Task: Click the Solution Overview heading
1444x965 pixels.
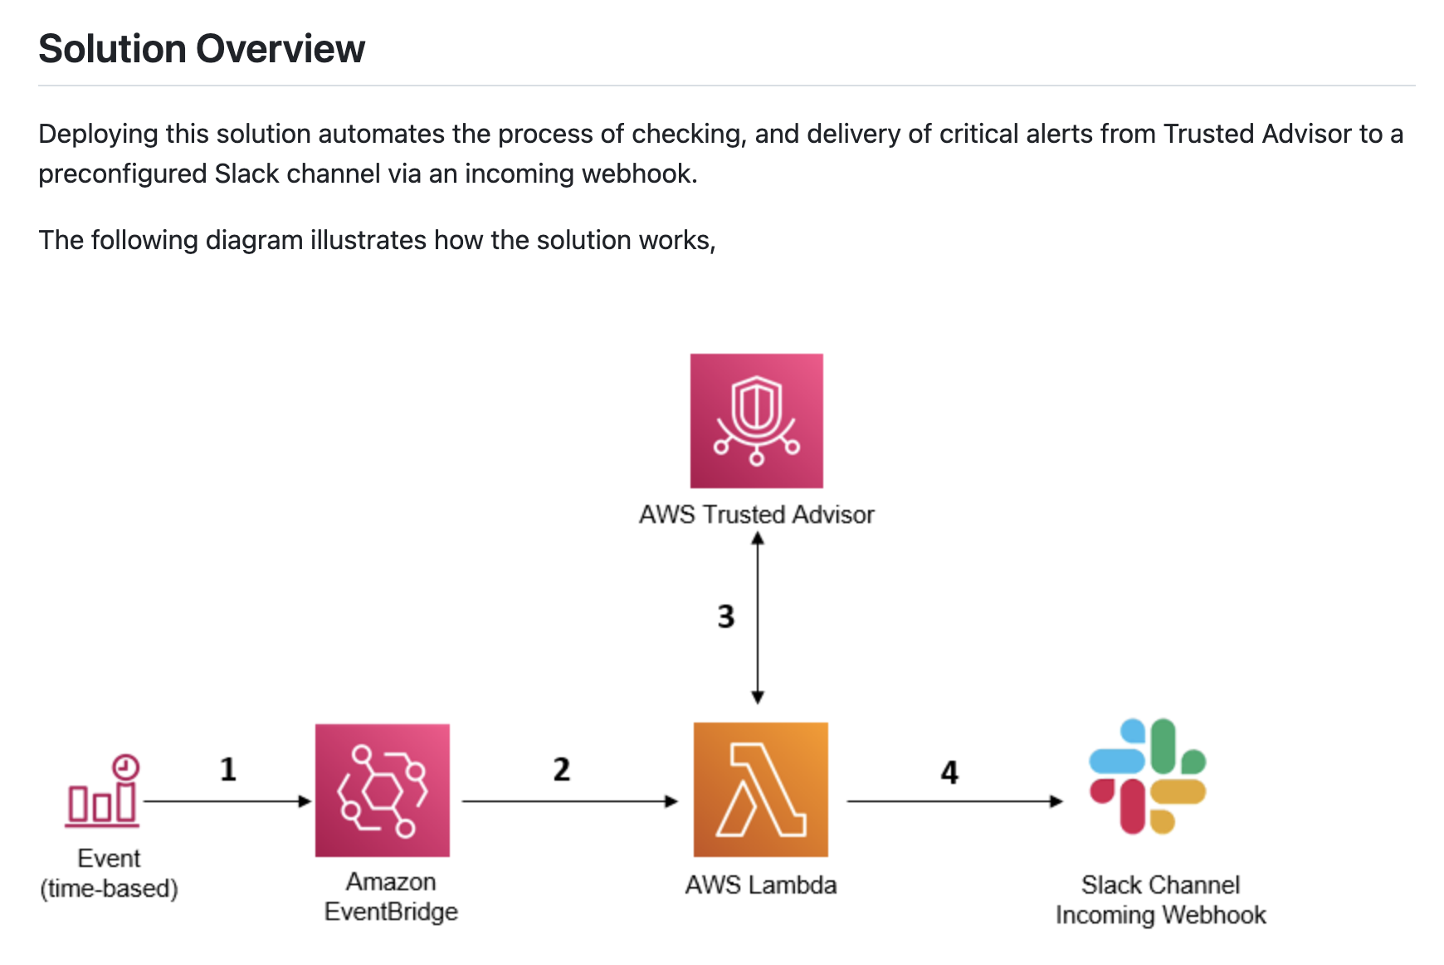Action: point(202,49)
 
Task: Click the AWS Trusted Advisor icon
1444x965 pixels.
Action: point(756,420)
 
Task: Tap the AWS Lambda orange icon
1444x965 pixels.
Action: point(760,789)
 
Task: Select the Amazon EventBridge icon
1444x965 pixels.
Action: point(382,790)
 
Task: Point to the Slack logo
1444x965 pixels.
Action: point(1147,776)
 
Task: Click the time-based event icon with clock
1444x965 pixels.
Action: point(103,791)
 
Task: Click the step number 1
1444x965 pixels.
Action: point(228,769)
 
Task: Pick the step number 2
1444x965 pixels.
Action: point(562,769)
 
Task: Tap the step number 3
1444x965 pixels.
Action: point(726,616)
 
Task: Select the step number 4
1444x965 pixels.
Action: point(949,772)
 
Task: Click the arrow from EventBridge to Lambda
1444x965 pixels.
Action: point(569,801)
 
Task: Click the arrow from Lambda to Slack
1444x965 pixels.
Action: point(954,801)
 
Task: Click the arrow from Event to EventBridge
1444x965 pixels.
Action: point(227,801)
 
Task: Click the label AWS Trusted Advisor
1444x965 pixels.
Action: point(756,515)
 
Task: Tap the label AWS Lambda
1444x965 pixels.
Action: point(760,885)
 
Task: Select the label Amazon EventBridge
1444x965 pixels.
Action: point(391,897)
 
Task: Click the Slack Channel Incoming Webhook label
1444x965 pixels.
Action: point(1160,900)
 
